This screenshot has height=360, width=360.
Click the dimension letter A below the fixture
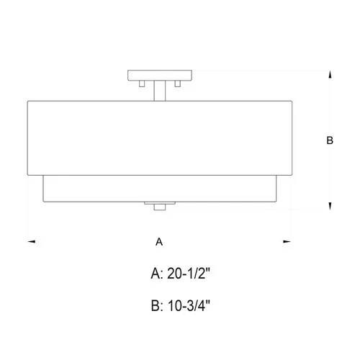pyautogui.click(x=159, y=243)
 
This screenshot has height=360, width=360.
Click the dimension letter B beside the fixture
pyautogui.click(x=330, y=142)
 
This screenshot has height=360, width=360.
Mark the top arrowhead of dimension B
pyautogui.click(x=330, y=74)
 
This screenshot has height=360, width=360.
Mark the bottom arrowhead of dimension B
pyautogui.click(x=330, y=207)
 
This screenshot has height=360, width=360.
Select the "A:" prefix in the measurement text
pyautogui.click(x=157, y=274)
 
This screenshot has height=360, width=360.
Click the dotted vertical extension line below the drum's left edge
pyautogui.click(x=27, y=209)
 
